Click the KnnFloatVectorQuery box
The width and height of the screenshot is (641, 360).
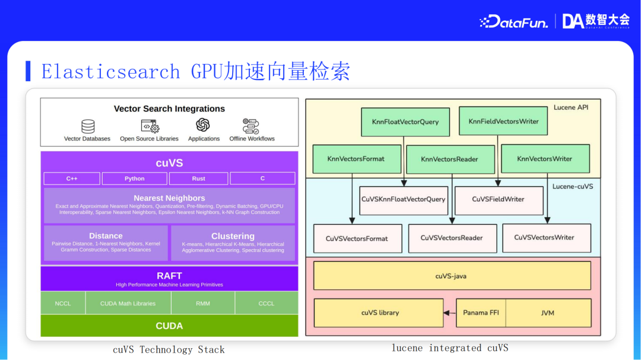point(405,122)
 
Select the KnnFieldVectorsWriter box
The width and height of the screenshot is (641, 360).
point(503,121)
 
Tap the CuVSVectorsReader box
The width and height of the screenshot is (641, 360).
point(452,238)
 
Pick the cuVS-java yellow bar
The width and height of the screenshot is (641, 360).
point(452,276)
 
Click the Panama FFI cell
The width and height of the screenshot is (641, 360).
point(481,313)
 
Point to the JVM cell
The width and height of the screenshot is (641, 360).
point(548,313)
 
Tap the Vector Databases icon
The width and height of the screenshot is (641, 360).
point(88,126)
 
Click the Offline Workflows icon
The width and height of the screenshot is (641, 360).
point(252,126)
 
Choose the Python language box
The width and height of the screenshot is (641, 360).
point(135,179)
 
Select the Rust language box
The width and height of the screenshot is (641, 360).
point(199,179)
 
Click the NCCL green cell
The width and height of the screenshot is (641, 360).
point(63,303)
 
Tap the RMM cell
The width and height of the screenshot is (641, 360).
point(203,303)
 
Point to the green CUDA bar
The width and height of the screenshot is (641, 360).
point(169,326)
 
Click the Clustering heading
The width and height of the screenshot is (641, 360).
point(233,236)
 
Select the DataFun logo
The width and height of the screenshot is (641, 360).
point(513,22)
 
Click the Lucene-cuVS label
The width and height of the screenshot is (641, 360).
point(572,186)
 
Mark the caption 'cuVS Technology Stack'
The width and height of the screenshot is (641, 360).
point(169,349)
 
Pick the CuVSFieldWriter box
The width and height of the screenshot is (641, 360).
point(498,199)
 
